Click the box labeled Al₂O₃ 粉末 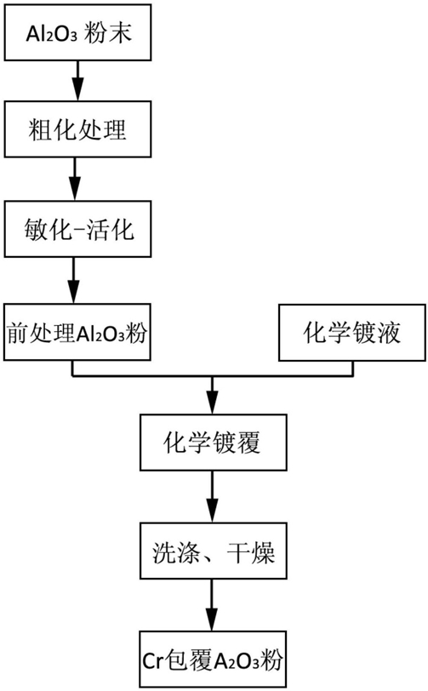tap(77, 32)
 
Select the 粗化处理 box tap(77, 129)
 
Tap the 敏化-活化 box tap(77, 229)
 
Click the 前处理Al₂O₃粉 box tap(77, 332)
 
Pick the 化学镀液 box tap(352, 332)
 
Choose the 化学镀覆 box tap(214, 442)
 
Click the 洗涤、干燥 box tap(214, 551)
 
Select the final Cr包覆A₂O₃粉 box tap(213, 660)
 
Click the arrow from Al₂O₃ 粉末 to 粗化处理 tap(78, 81)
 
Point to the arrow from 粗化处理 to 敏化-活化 tap(75, 179)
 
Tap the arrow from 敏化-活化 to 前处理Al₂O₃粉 tap(73, 280)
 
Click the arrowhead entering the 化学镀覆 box tap(213, 404)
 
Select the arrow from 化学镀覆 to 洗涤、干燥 tap(213, 497)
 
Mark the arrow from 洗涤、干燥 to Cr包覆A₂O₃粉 tap(212, 605)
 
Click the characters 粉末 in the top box tap(108, 32)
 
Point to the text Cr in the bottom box tap(153, 661)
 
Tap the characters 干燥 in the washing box tap(251, 551)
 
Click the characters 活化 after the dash tap(111, 230)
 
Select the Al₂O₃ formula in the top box tap(52, 33)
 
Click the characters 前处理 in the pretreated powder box tap(41, 333)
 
